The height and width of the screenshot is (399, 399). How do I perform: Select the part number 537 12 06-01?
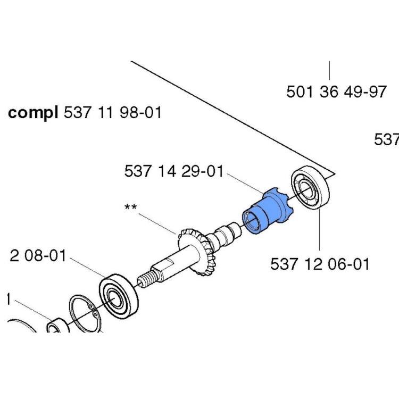tap(319, 264)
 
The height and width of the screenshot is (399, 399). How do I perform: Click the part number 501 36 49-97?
tap(336, 92)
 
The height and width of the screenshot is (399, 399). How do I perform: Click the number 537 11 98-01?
tap(112, 113)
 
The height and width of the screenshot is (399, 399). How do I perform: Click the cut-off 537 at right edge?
tap(387, 140)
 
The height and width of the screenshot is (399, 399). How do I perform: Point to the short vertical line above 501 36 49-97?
tap(329, 70)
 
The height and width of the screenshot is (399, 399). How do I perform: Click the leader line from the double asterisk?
tap(157, 223)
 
